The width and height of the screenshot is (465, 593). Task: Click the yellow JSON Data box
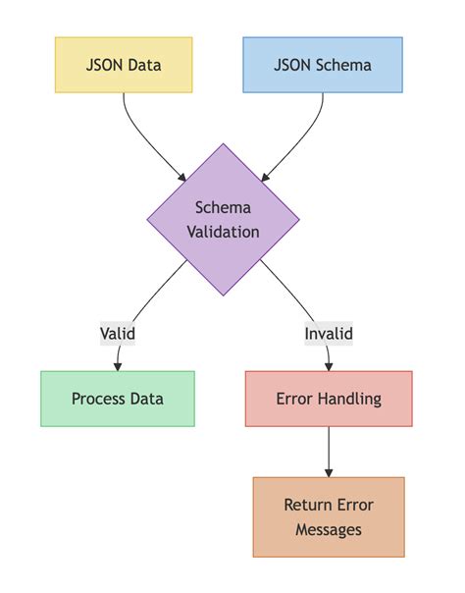point(124,65)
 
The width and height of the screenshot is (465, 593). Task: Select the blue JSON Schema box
point(322,65)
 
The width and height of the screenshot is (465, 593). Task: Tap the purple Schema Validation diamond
point(223,219)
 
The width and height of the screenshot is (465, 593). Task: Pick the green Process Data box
point(118,399)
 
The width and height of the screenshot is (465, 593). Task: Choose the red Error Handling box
point(329,399)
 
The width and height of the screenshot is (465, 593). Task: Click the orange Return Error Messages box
point(329,517)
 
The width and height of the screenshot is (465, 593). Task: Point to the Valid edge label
point(118,333)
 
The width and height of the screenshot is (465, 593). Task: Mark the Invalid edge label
point(329,333)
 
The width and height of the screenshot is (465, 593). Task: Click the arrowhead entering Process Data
point(118,366)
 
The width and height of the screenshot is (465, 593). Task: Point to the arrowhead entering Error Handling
point(329,366)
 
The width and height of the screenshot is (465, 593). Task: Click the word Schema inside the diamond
point(223,207)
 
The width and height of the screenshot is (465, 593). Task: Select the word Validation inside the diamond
point(223,233)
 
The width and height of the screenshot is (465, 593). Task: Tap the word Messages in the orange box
point(329,530)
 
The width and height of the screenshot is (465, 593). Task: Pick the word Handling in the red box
point(349,399)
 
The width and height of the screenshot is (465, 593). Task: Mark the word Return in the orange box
point(307,505)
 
